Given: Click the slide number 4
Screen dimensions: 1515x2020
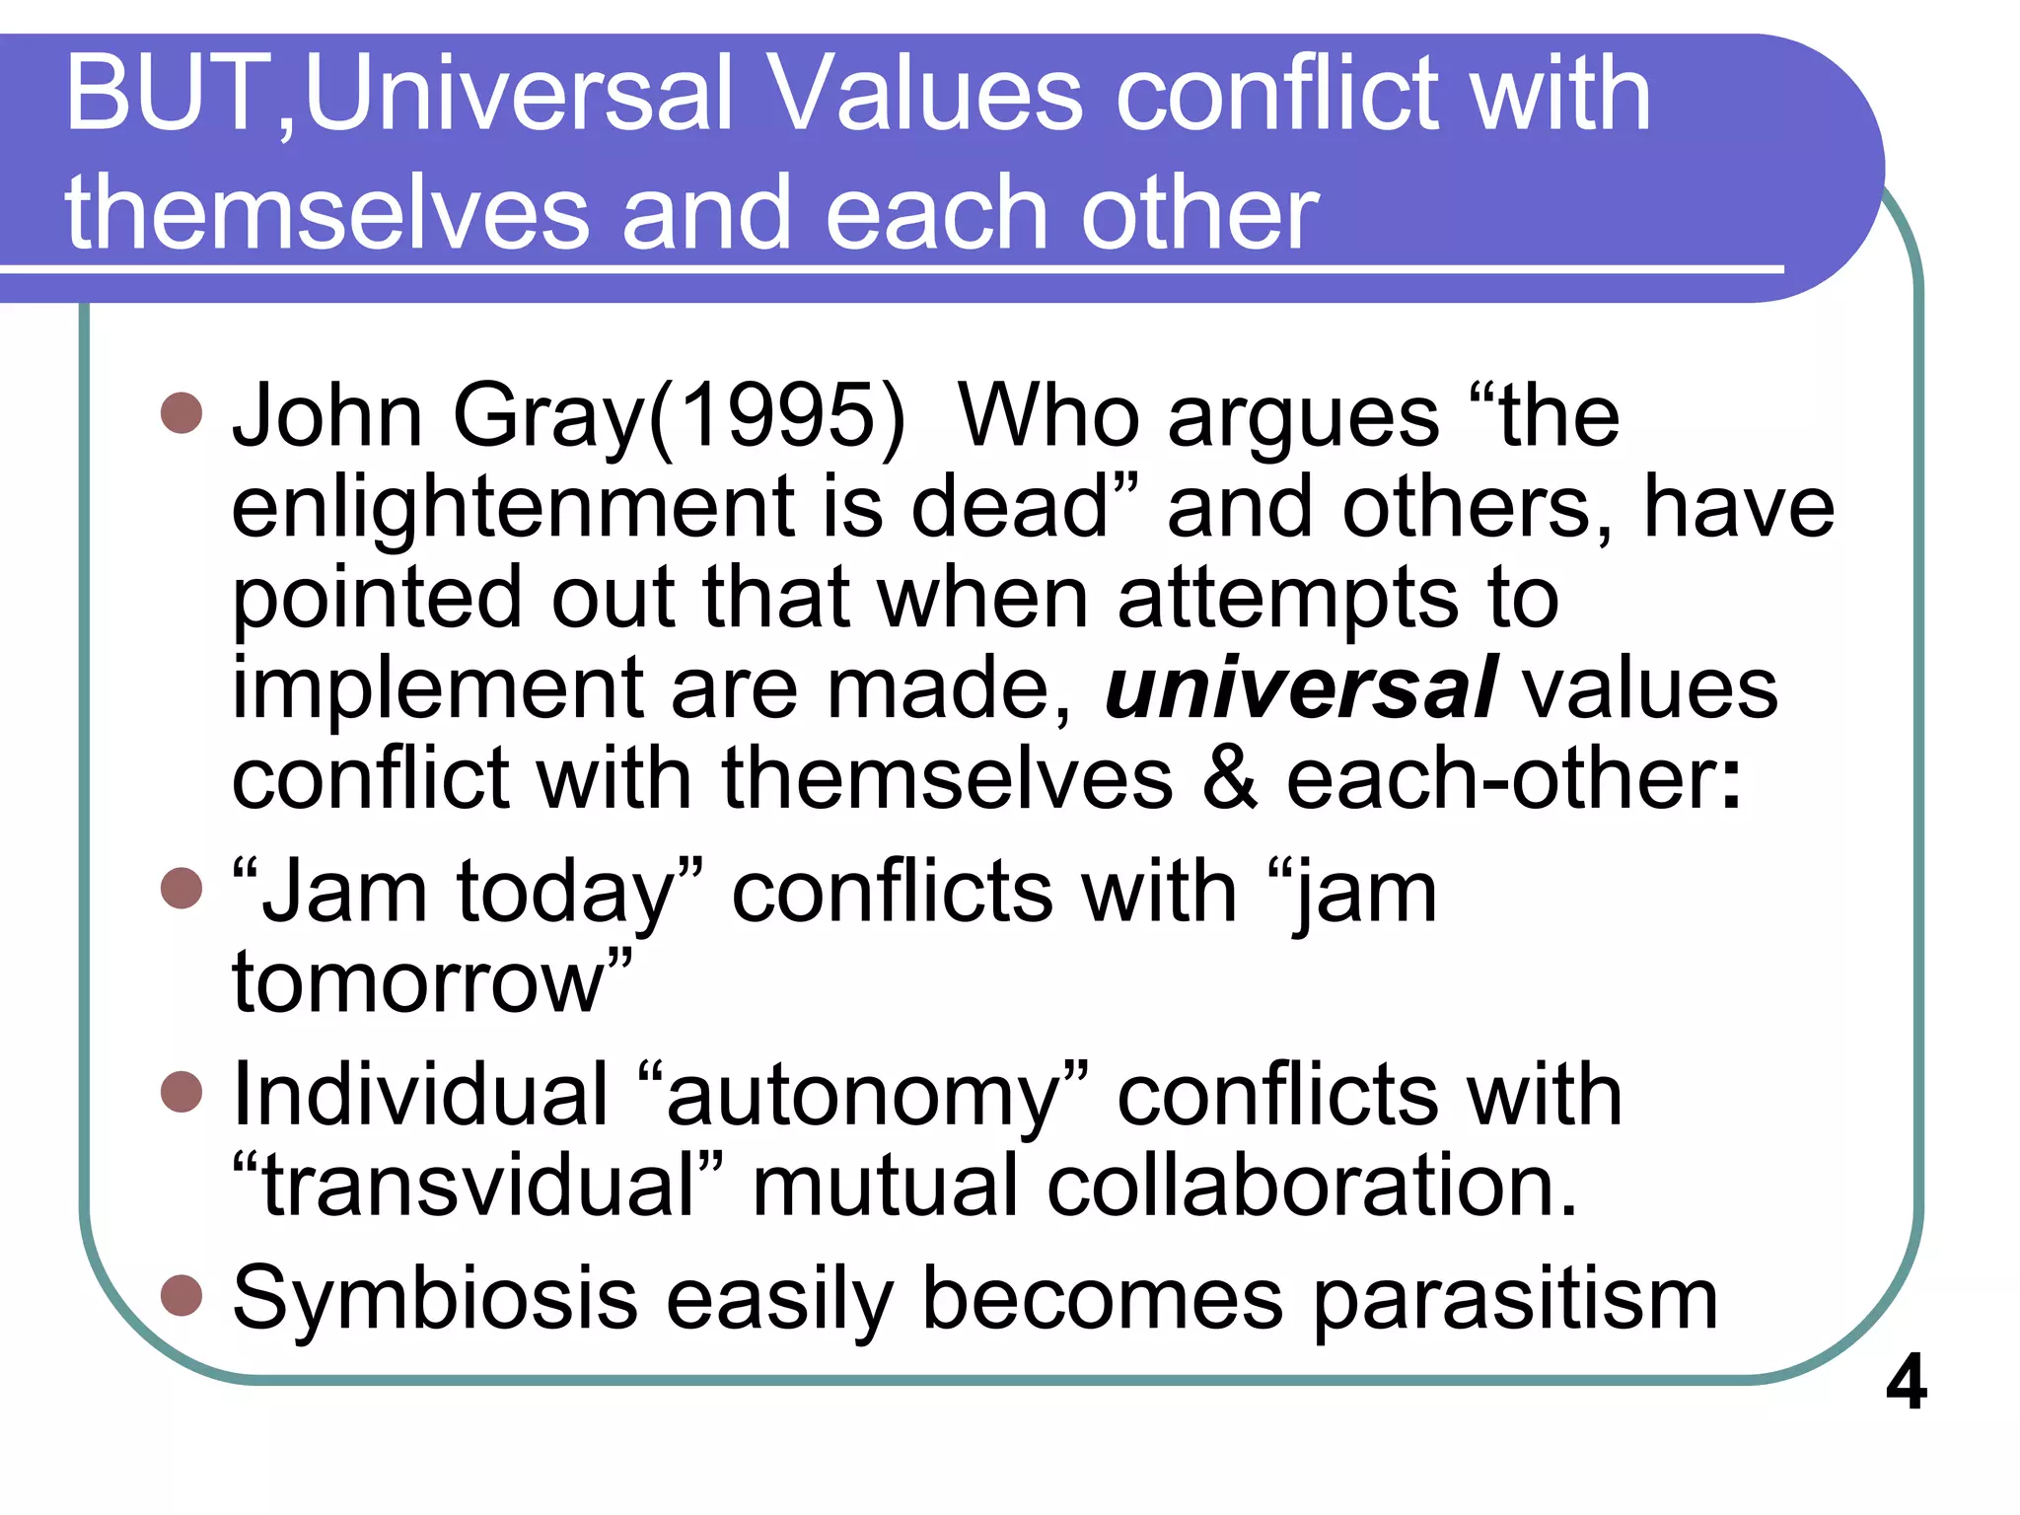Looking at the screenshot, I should click(x=1906, y=1383).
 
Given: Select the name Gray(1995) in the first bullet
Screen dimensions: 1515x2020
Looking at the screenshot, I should click(x=678, y=416).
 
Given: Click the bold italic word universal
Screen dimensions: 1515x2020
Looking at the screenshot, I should click(x=1300, y=687).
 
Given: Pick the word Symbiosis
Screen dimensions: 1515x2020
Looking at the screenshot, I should click(x=435, y=1299).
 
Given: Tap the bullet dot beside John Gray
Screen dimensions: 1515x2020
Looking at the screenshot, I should click(x=181, y=413).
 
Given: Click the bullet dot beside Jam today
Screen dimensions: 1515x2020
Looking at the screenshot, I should click(x=181, y=888).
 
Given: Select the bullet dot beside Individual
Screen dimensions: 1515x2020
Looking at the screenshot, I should click(x=181, y=1092).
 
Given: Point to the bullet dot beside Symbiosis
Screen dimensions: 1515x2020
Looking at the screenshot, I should click(x=181, y=1296).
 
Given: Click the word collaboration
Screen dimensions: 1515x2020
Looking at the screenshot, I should click(x=1312, y=1186).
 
